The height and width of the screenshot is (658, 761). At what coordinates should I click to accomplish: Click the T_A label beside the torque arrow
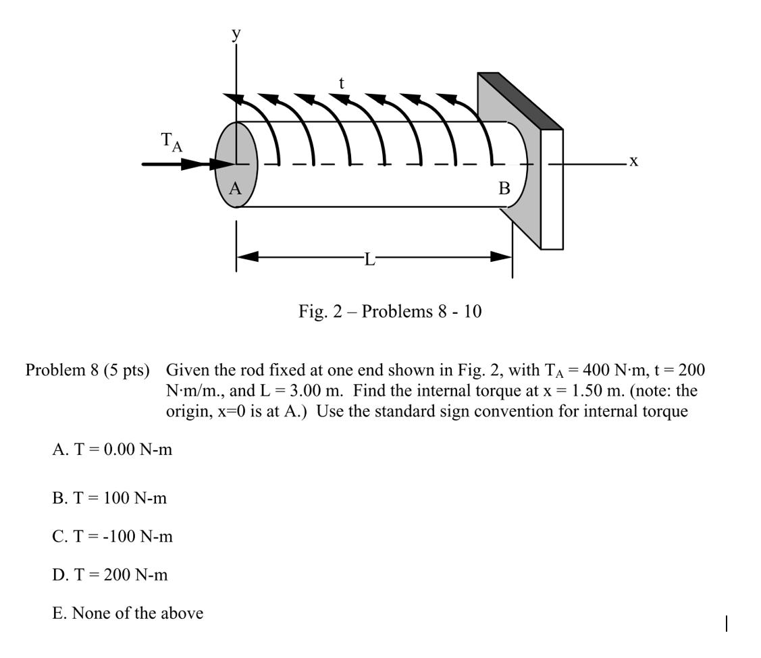tap(171, 142)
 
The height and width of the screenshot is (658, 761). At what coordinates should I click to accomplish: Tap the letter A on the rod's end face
tap(234, 189)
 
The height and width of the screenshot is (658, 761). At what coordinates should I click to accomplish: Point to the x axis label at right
tap(633, 161)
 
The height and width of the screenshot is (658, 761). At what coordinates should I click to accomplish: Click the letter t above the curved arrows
tap(342, 84)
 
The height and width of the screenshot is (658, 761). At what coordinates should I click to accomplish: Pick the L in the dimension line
tap(368, 258)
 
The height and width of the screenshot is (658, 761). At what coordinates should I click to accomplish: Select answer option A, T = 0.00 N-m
tap(112, 449)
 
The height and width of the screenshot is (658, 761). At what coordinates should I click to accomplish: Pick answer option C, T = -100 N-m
tap(112, 537)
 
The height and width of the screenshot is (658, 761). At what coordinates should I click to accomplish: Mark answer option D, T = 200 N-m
tap(110, 575)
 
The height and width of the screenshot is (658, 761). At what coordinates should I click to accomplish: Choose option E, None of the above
tap(127, 613)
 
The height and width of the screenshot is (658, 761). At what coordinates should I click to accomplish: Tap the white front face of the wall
tap(552, 189)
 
